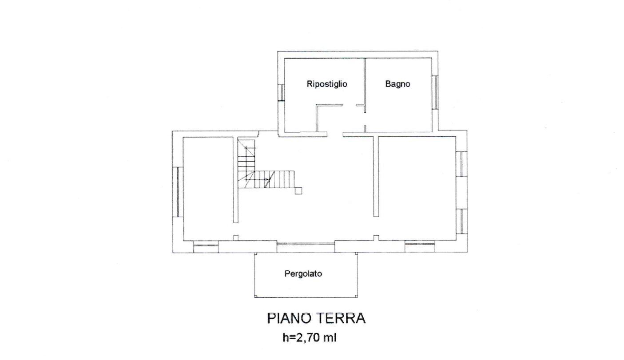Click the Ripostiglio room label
click(327, 84)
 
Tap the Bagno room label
click(397, 84)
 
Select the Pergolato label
click(303, 274)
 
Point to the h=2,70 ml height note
click(310, 338)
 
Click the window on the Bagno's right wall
click(436, 92)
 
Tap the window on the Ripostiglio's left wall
click(281, 92)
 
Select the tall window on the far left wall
click(178, 192)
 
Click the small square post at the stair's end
click(298, 190)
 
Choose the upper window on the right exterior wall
click(461, 164)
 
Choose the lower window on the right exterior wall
click(461, 222)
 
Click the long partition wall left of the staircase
click(236, 180)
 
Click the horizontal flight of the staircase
click(274, 180)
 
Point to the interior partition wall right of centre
click(376, 176)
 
